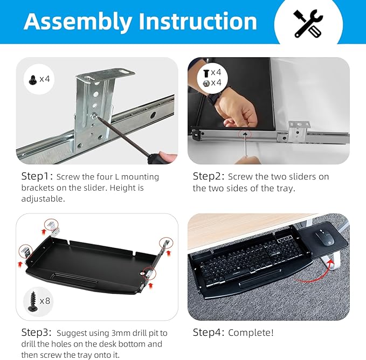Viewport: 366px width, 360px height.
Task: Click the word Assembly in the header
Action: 78,22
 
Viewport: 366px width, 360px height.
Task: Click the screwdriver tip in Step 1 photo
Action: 96,116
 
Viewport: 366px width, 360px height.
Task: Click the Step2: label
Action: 209,177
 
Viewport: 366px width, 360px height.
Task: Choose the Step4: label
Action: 209,333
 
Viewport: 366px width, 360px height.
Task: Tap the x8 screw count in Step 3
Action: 45,300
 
